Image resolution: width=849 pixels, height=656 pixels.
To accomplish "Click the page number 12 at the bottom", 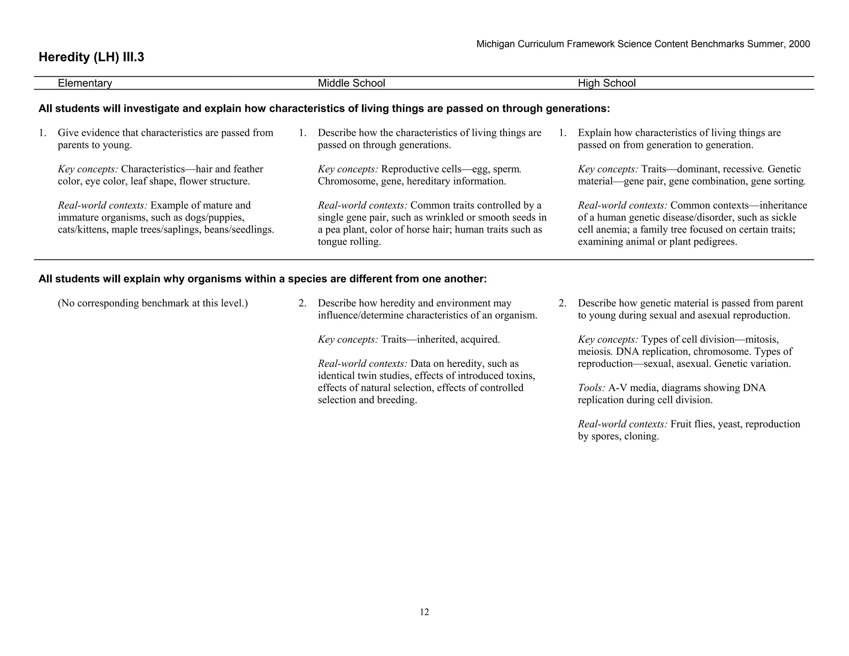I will pyautogui.click(x=424, y=612).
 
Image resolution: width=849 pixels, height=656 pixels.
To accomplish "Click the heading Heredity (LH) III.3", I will pyautogui.click(x=91, y=57).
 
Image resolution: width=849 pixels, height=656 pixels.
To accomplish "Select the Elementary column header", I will pyautogui.click(x=85, y=83).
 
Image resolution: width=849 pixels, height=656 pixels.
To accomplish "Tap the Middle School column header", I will pyautogui.click(x=351, y=83).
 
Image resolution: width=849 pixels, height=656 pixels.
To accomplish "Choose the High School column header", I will pyautogui.click(x=606, y=83).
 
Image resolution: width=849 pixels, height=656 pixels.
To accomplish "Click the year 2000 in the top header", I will pyautogui.click(x=799, y=44).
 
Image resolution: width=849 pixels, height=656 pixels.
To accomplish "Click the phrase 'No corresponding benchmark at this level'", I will pyautogui.click(x=153, y=304).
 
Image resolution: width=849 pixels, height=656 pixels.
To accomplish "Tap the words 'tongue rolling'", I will pyautogui.click(x=349, y=242).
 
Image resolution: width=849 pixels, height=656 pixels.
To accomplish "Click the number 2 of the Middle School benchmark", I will pyautogui.click(x=302, y=304).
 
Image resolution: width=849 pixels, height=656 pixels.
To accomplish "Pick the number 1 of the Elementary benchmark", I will pyautogui.click(x=42, y=133).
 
